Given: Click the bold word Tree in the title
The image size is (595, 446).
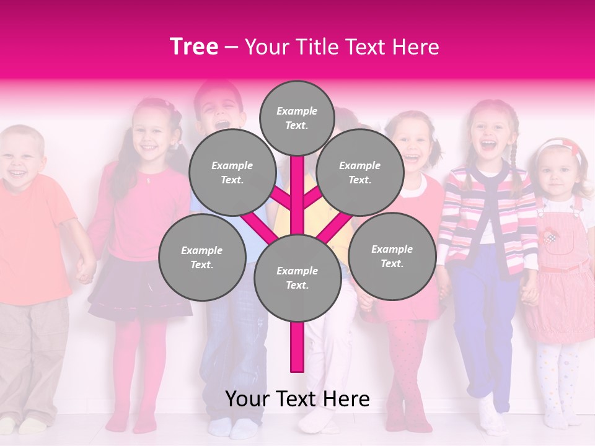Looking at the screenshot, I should pyautogui.click(x=194, y=47).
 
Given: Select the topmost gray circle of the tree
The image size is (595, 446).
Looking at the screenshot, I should pyautogui.click(x=297, y=118).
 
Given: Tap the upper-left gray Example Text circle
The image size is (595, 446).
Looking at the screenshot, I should pyautogui.click(x=232, y=172).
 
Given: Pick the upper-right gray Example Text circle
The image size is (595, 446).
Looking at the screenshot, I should pyautogui.click(x=359, y=172).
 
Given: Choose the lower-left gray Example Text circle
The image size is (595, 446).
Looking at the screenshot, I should pyautogui.click(x=201, y=257).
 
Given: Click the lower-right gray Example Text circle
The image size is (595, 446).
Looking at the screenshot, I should pyautogui.click(x=392, y=256).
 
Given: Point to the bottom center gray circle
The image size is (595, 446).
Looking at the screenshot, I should pyautogui.click(x=297, y=278).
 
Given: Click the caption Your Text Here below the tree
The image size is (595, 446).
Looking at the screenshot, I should pyautogui.click(x=297, y=399).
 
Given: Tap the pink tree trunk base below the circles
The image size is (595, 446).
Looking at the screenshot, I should pyautogui.click(x=297, y=347).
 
